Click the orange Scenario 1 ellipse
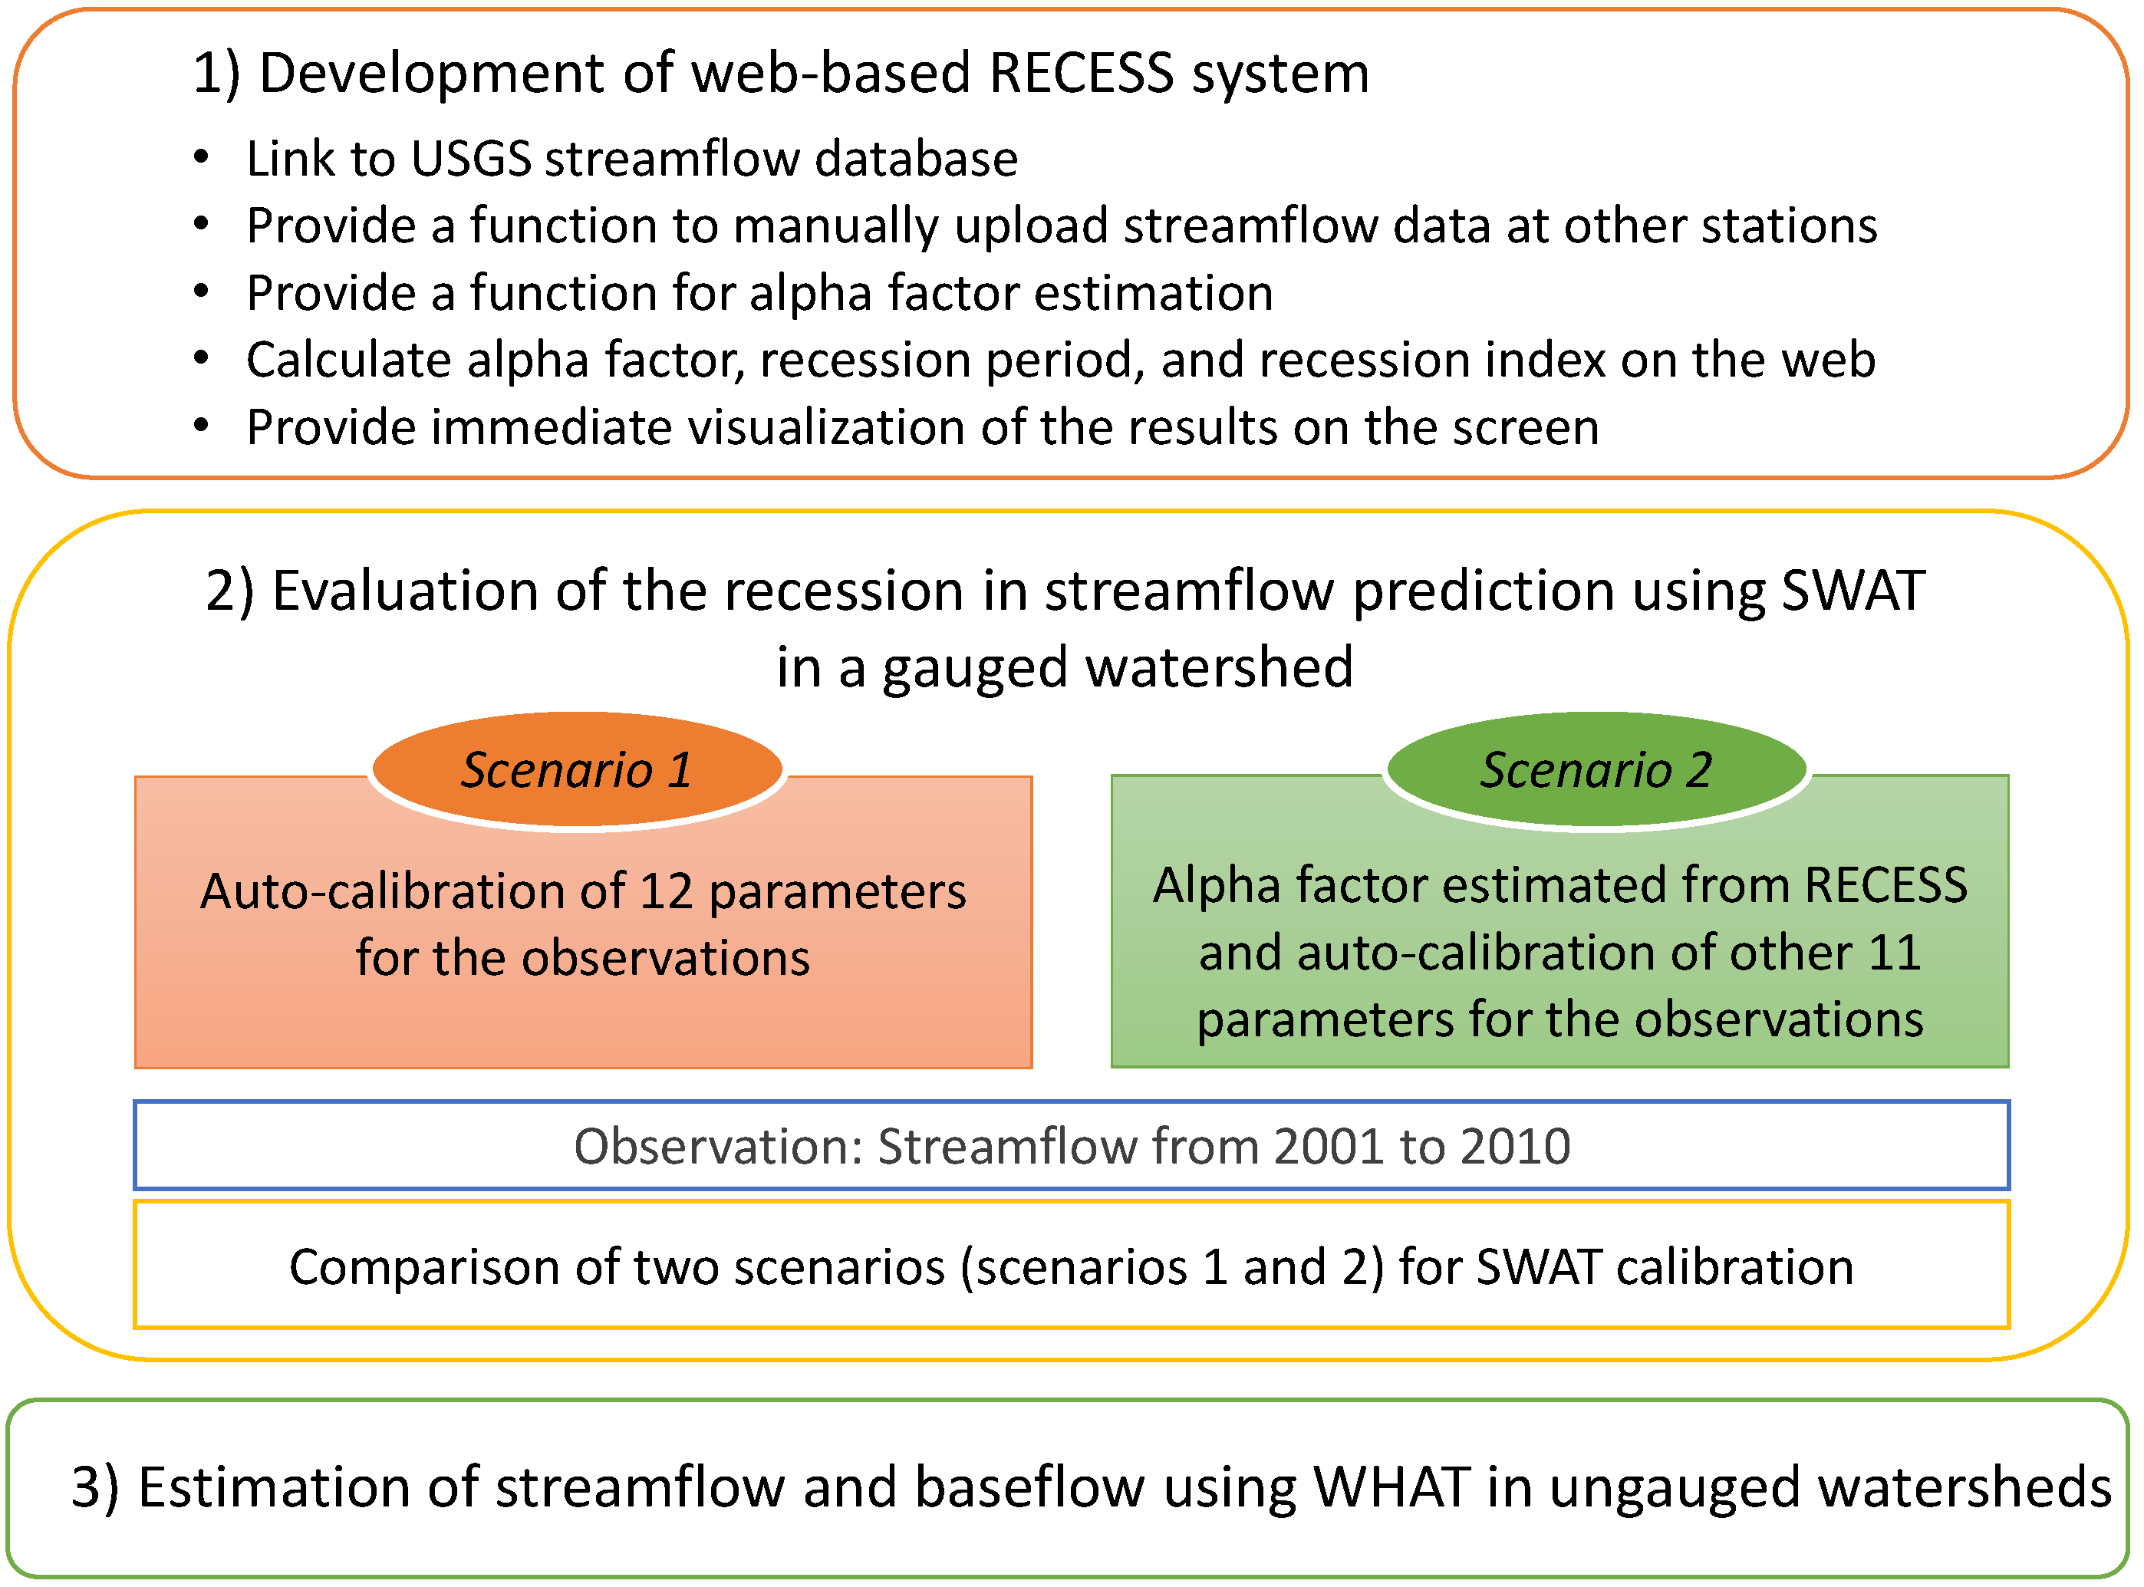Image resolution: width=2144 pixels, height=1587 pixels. (576, 769)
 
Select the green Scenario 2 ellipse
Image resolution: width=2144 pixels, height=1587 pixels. (1596, 769)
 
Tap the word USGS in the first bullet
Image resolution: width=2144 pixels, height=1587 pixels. (471, 159)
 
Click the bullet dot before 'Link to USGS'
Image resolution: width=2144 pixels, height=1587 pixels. (201, 156)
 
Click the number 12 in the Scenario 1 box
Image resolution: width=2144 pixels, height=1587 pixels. (666, 891)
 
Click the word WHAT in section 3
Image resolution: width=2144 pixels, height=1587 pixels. (1391, 1487)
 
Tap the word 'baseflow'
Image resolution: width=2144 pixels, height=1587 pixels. (1029, 1487)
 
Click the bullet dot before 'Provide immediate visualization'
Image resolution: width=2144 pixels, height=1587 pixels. (201, 426)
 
